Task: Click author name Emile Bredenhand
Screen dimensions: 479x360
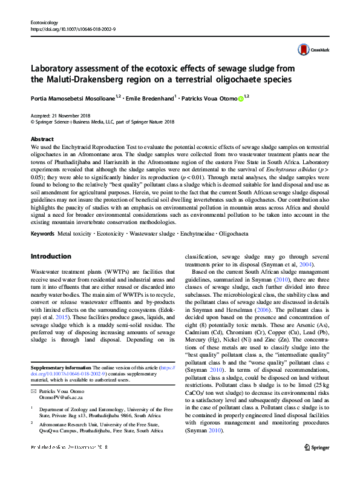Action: pos(152,97)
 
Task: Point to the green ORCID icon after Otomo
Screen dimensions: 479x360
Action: pos(240,97)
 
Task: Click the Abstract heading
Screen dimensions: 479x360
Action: pos(42,139)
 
